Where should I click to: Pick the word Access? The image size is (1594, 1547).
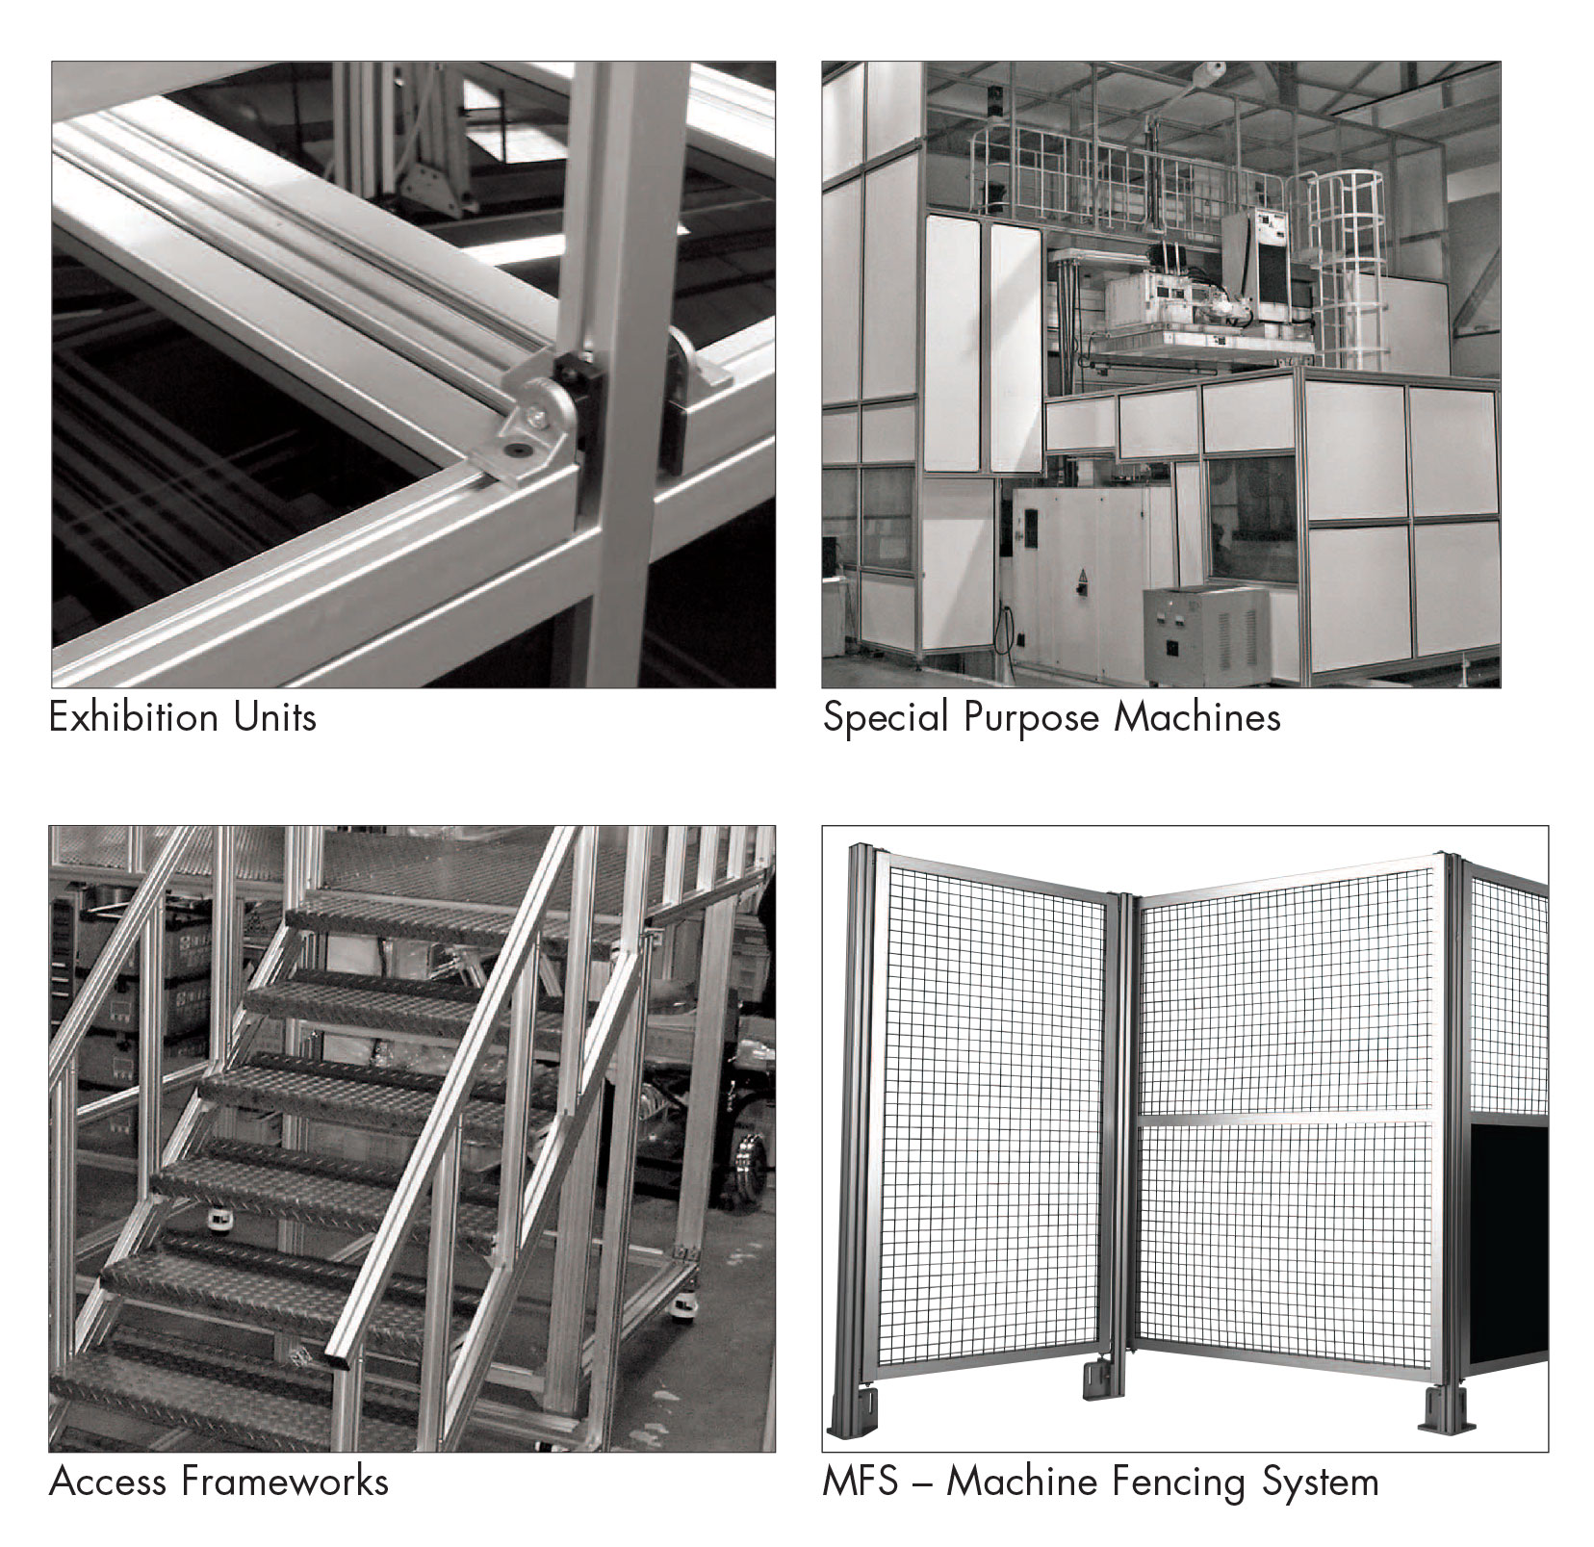109,1482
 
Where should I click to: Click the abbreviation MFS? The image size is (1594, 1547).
860,1482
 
